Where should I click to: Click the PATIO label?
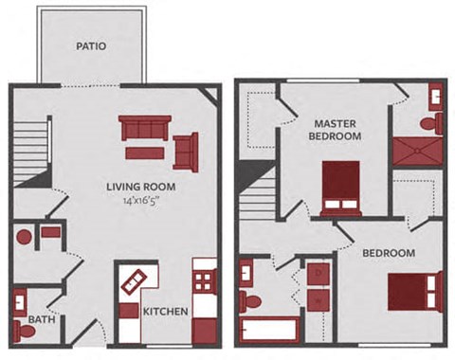pos(91,45)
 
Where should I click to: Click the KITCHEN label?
pos(165,312)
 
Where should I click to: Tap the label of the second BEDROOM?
pos(389,253)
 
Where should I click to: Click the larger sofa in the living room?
pos(144,128)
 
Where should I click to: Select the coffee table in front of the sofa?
pos(144,152)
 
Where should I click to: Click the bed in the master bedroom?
pos(340,186)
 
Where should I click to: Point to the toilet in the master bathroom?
pos(428,121)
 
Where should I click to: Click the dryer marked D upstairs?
pos(318,274)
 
